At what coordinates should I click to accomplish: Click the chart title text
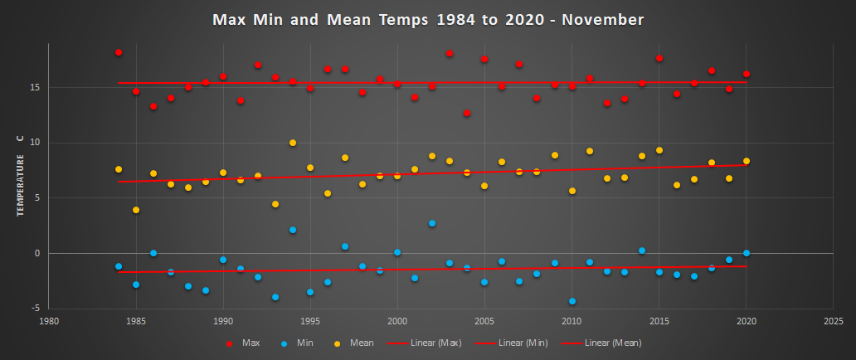[428, 19]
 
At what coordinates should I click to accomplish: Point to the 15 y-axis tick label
[34, 87]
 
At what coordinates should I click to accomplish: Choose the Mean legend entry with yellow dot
[356, 342]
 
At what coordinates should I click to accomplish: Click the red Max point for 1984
[119, 52]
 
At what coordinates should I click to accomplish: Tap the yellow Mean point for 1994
[293, 143]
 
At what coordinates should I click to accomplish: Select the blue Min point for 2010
[572, 301]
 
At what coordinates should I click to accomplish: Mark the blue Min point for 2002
[432, 223]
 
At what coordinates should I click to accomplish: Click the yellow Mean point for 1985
[136, 210]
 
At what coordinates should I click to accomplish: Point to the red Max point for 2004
[467, 113]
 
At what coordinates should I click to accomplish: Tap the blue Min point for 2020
[747, 253]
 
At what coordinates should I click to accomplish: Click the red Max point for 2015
[659, 58]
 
